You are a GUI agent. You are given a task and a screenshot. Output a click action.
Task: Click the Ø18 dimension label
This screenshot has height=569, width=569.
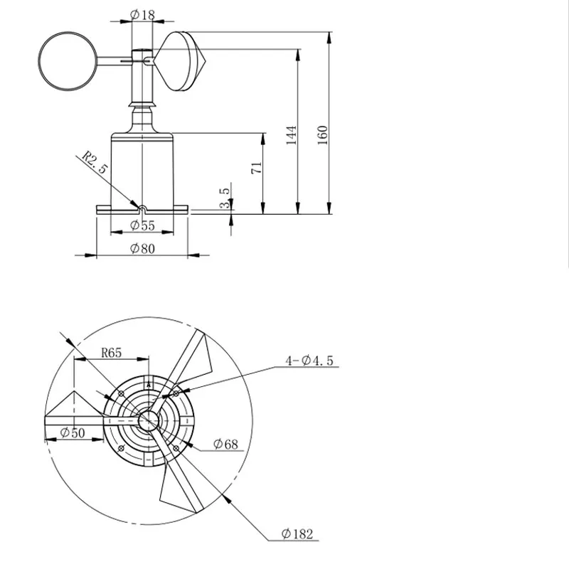142,14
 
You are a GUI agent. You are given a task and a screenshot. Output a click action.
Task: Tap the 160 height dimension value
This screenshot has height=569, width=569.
323,135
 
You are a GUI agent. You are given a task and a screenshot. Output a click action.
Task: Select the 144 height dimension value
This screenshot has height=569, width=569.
292,135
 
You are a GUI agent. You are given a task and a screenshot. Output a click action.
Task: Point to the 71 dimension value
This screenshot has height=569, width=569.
257,168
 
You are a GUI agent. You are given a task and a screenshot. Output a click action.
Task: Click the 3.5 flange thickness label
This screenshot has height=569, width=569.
225,198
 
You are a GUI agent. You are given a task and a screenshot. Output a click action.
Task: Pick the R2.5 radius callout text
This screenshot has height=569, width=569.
95,162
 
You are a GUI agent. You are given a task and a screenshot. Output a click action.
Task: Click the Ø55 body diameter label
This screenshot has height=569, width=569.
142,225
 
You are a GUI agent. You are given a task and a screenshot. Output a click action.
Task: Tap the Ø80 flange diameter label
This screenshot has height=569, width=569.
142,248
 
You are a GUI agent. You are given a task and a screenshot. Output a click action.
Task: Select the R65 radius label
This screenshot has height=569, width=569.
111,353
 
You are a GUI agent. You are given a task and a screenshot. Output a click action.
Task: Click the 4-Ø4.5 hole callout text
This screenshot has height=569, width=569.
309,361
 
